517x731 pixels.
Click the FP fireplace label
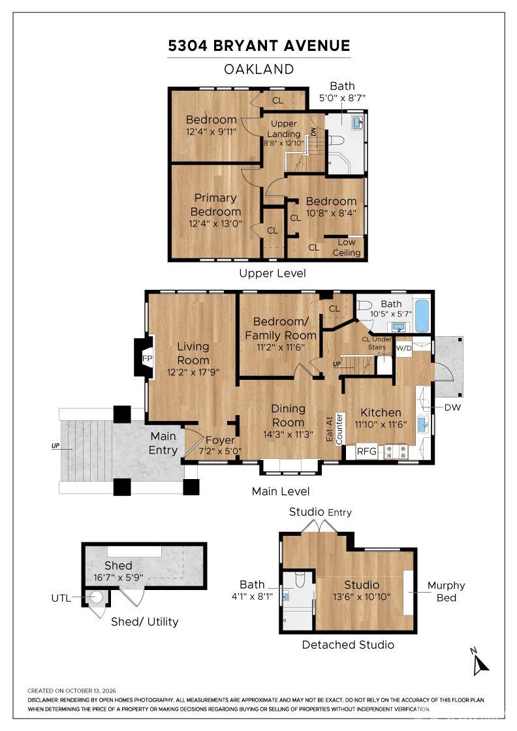147,358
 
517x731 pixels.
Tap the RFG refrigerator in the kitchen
366,451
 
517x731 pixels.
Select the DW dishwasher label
452,407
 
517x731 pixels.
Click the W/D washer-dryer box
403,349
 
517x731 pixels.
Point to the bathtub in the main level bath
422,315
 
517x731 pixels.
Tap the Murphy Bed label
446,591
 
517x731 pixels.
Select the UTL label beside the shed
61,598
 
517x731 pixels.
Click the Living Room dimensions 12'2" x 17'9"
193,373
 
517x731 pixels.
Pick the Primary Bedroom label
215,205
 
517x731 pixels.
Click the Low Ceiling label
347,247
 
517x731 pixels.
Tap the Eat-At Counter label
334,429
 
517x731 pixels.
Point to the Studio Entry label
321,512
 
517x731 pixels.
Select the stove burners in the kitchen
396,451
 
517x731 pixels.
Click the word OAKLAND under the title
258,69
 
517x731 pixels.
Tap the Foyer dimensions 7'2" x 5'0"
220,451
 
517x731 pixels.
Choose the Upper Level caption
272,273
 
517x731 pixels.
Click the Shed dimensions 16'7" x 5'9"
118,578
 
